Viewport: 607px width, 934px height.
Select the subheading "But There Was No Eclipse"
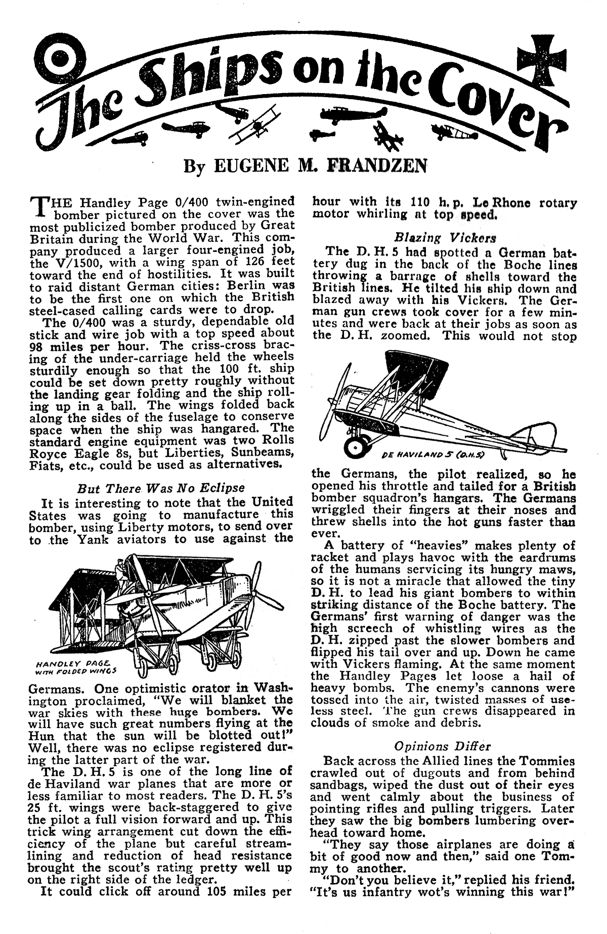pyautogui.click(x=161, y=489)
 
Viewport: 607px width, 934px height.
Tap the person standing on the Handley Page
pyautogui.click(x=118, y=573)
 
